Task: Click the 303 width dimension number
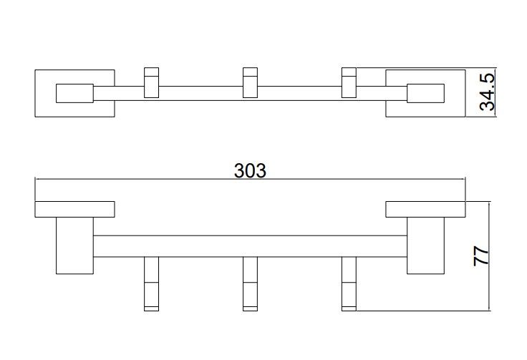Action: coord(250,170)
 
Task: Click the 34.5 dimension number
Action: coord(488,92)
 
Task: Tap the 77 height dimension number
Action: coord(481,256)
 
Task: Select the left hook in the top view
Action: coord(151,82)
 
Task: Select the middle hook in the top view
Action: coord(250,82)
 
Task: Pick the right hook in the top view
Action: coord(349,82)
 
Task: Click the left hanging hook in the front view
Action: coord(151,283)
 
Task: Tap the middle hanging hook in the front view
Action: coord(250,283)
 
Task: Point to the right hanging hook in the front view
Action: coord(349,283)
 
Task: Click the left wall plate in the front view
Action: coord(74,209)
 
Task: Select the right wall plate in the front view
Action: coord(425,209)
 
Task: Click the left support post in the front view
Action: coord(74,245)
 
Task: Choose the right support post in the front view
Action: coord(425,245)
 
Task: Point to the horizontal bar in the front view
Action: coord(250,246)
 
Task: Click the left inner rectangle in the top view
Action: coord(74,93)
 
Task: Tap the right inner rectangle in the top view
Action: coord(425,93)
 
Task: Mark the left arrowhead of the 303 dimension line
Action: coord(37,180)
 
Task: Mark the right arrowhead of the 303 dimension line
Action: coord(463,180)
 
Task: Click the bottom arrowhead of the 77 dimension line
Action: coord(490,309)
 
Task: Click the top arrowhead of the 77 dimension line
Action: coord(490,204)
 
